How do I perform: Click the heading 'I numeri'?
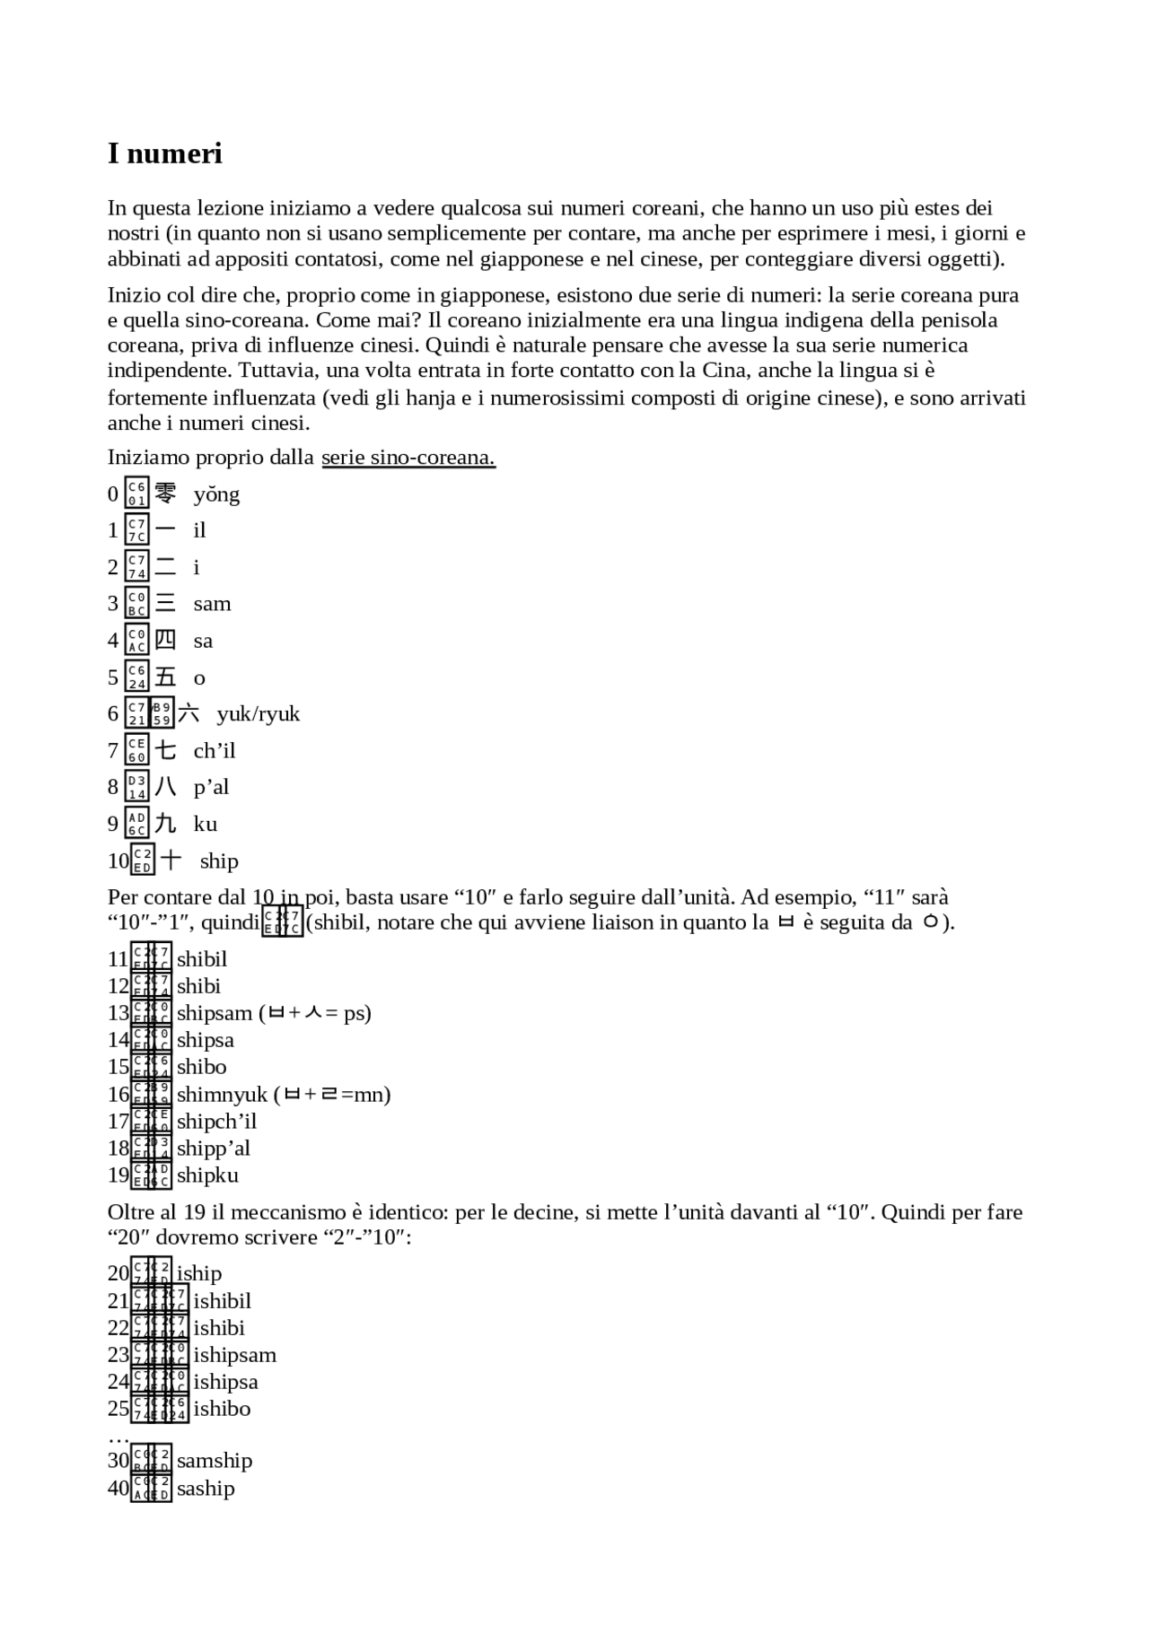[164, 153]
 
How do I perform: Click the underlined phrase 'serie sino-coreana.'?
[408, 458]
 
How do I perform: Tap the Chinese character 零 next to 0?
[165, 494]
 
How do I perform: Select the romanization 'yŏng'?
[216, 494]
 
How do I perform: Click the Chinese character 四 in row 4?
[165, 640]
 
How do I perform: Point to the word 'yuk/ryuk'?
[258, 714]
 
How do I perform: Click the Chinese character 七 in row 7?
[165, 750]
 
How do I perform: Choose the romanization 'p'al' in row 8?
[211, 787]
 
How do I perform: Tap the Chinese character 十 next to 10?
[171, 861]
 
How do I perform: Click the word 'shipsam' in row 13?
[215, 1013]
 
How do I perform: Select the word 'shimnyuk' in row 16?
[222, 1095]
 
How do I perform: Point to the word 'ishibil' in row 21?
[222, 1301]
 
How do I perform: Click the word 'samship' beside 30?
[215, 1461]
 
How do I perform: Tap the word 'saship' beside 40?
[206, 1489]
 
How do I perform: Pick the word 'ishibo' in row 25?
[222, 1409]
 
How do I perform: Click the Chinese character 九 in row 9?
[165, 824]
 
